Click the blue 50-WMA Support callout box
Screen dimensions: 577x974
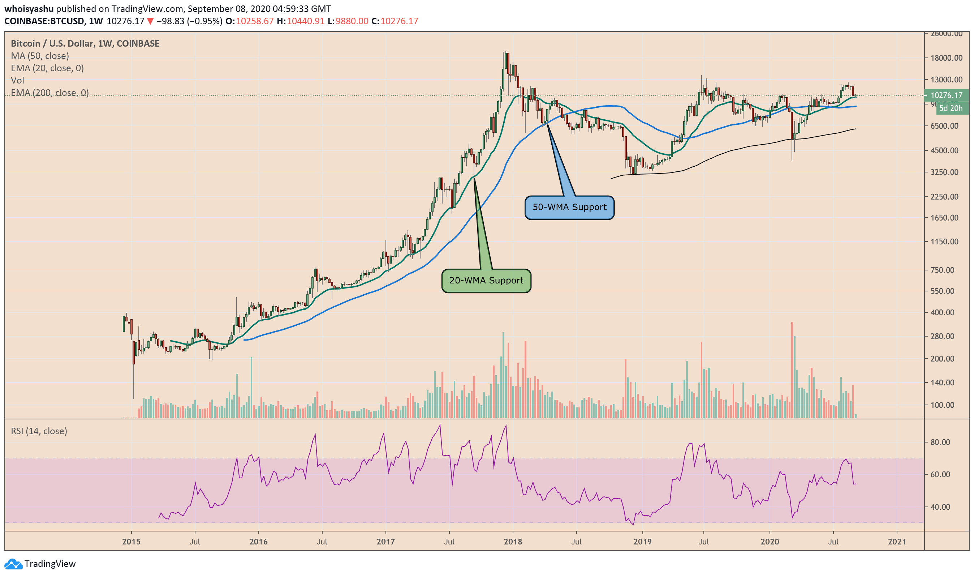click(x=569, y=207)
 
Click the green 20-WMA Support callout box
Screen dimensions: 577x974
click(x=486, y=281)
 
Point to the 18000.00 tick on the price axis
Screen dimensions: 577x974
click(x=946, y=58)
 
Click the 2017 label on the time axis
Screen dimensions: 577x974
click(x=385, y=542)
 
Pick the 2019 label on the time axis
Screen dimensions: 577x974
click(x=642, y=542)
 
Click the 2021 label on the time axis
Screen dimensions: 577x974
click(x=897, y=542)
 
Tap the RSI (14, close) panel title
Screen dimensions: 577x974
click(x=39, y=431)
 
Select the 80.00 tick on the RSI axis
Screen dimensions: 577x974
click(x=940, y=442)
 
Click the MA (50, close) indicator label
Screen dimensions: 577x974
click(x=40, y=56)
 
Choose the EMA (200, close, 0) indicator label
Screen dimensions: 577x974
click(x=50, y=93)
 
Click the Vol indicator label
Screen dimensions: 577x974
click(x=17, y=81)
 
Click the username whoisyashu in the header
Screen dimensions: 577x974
click(x=29, y=9)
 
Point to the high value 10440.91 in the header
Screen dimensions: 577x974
click(x=305, y=21)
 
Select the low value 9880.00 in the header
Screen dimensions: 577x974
click(x=352, y=21)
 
